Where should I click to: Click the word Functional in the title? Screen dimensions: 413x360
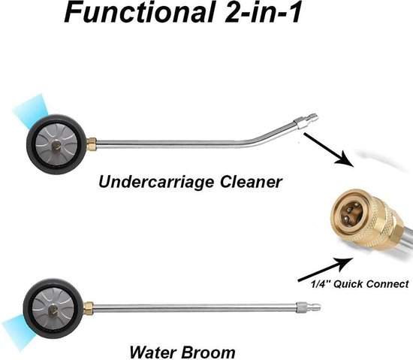tap(139, 12)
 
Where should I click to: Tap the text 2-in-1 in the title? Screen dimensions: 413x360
tap(262, 12)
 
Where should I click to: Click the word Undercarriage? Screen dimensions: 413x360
tap(156, 183)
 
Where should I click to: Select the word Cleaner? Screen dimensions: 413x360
tap(251, 182)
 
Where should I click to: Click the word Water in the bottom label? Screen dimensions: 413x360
tap(152, 352)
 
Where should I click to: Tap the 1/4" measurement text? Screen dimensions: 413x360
tap(321, 284)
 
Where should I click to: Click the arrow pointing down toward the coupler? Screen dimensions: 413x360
tap(328, 150)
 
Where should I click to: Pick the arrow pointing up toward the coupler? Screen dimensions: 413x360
tap(326, 270)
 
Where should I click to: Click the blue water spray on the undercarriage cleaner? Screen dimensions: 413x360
tap(31, 110)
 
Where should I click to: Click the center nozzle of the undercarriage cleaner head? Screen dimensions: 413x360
tap(56, 145)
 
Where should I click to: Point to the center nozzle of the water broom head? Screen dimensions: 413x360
tap(53, 309)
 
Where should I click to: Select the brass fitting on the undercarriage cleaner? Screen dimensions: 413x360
tap(92, 144)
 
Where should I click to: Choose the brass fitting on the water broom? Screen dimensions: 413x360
tap(89, 307)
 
